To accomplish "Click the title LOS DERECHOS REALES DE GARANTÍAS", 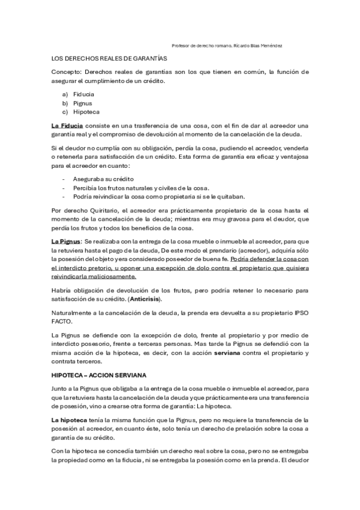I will click(109, 58).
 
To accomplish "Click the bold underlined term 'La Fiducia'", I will click(67, 126).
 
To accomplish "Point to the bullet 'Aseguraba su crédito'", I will click(103, 180).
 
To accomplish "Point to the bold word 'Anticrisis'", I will click(145, 299).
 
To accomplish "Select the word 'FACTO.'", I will click(62, 321).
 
